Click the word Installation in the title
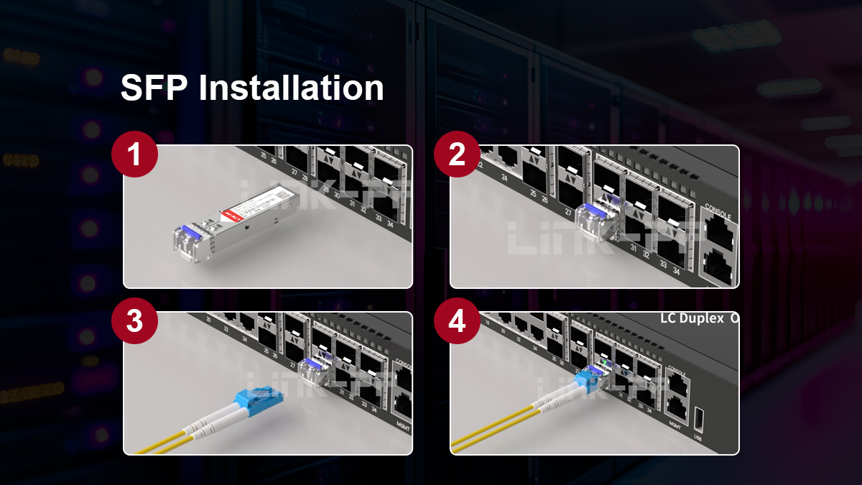(291, 88)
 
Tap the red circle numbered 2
(458, 154)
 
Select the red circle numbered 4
(458, 320)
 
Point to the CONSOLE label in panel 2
(718, 215)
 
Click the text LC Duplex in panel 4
(692, 318)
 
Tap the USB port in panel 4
(699, 419)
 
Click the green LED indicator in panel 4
(606, 364)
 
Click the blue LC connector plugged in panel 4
(585, 382)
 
